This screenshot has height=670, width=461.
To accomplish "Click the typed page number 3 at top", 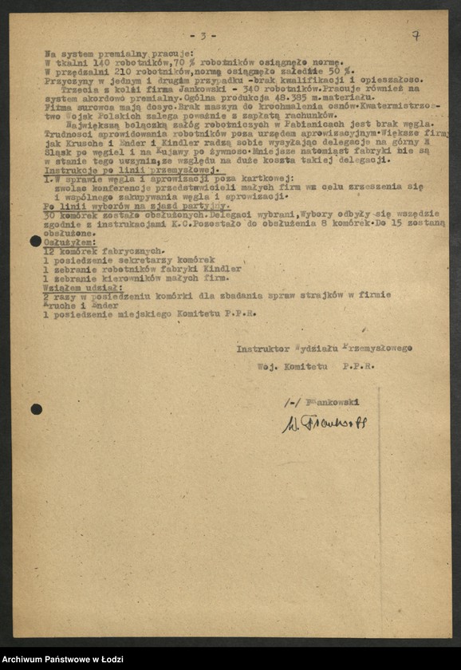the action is pyautogui.click(x=203, y=37).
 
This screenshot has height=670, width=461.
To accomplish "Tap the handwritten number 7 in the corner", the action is pyautogui.click(x=416, y=35).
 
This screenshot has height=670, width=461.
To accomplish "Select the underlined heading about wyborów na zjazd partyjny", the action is pyautogui.click(x=132, y=206).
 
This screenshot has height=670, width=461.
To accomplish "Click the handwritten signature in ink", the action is pyautogui.click(x=323, y=423).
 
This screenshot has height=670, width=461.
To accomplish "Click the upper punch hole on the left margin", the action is pyautogui.click(x=36, y=241).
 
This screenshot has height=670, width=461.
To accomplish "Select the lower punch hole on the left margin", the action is pyautogui.click(x=36, y=409).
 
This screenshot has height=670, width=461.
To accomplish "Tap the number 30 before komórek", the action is pyautogui.click(x=50, y=215).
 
